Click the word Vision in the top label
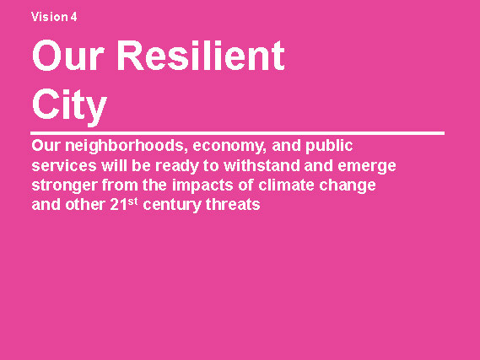pos(50,17)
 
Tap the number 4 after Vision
pos(73,17)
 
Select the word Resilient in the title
pos(201,56)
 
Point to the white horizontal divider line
pos(237,133)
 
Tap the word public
pos(329,146)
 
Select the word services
pos(64,165)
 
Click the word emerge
pos(367,167)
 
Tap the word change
pos(348,185)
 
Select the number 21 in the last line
pos(118,205)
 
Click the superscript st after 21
pos(132,201)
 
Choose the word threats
pos(233,205)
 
